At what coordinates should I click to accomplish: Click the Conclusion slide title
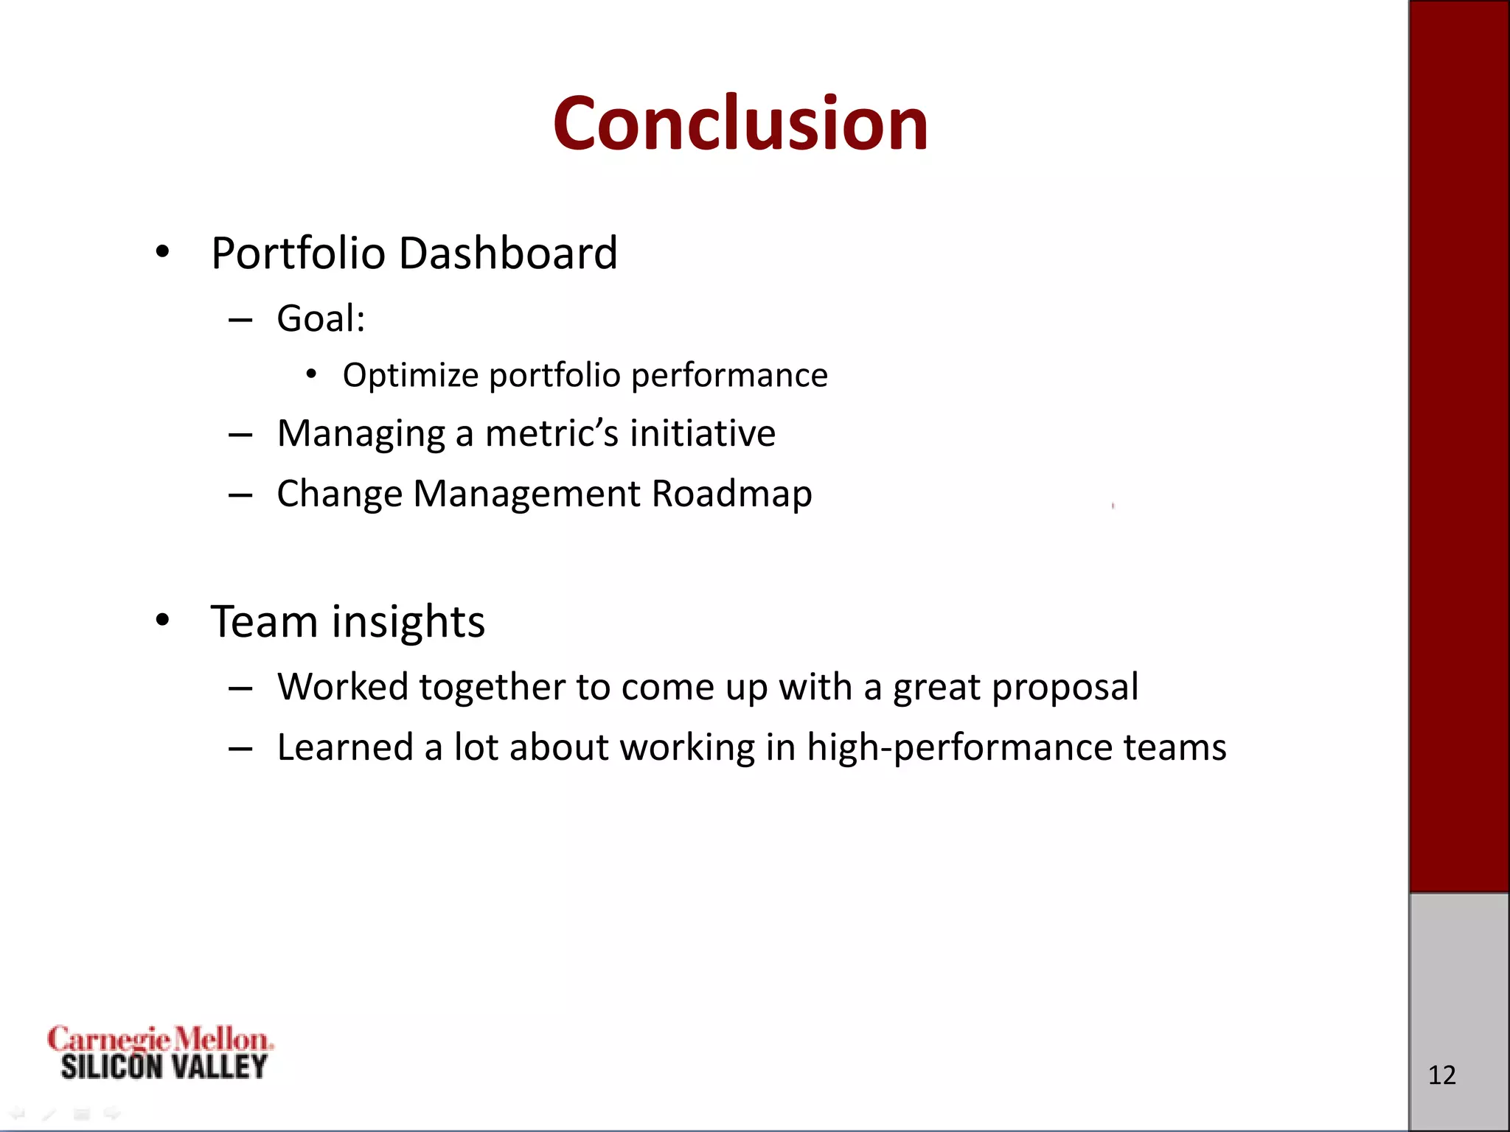point(740,123)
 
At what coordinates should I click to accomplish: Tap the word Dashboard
point(508,254)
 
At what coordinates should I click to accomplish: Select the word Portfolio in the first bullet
point(299,254)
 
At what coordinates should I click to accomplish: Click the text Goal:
point(321,319)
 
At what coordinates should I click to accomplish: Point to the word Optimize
point(411,376)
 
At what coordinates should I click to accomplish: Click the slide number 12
point(1441,1075)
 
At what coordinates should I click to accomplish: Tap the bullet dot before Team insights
point(162,621)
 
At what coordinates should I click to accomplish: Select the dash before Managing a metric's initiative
point(240,435)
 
